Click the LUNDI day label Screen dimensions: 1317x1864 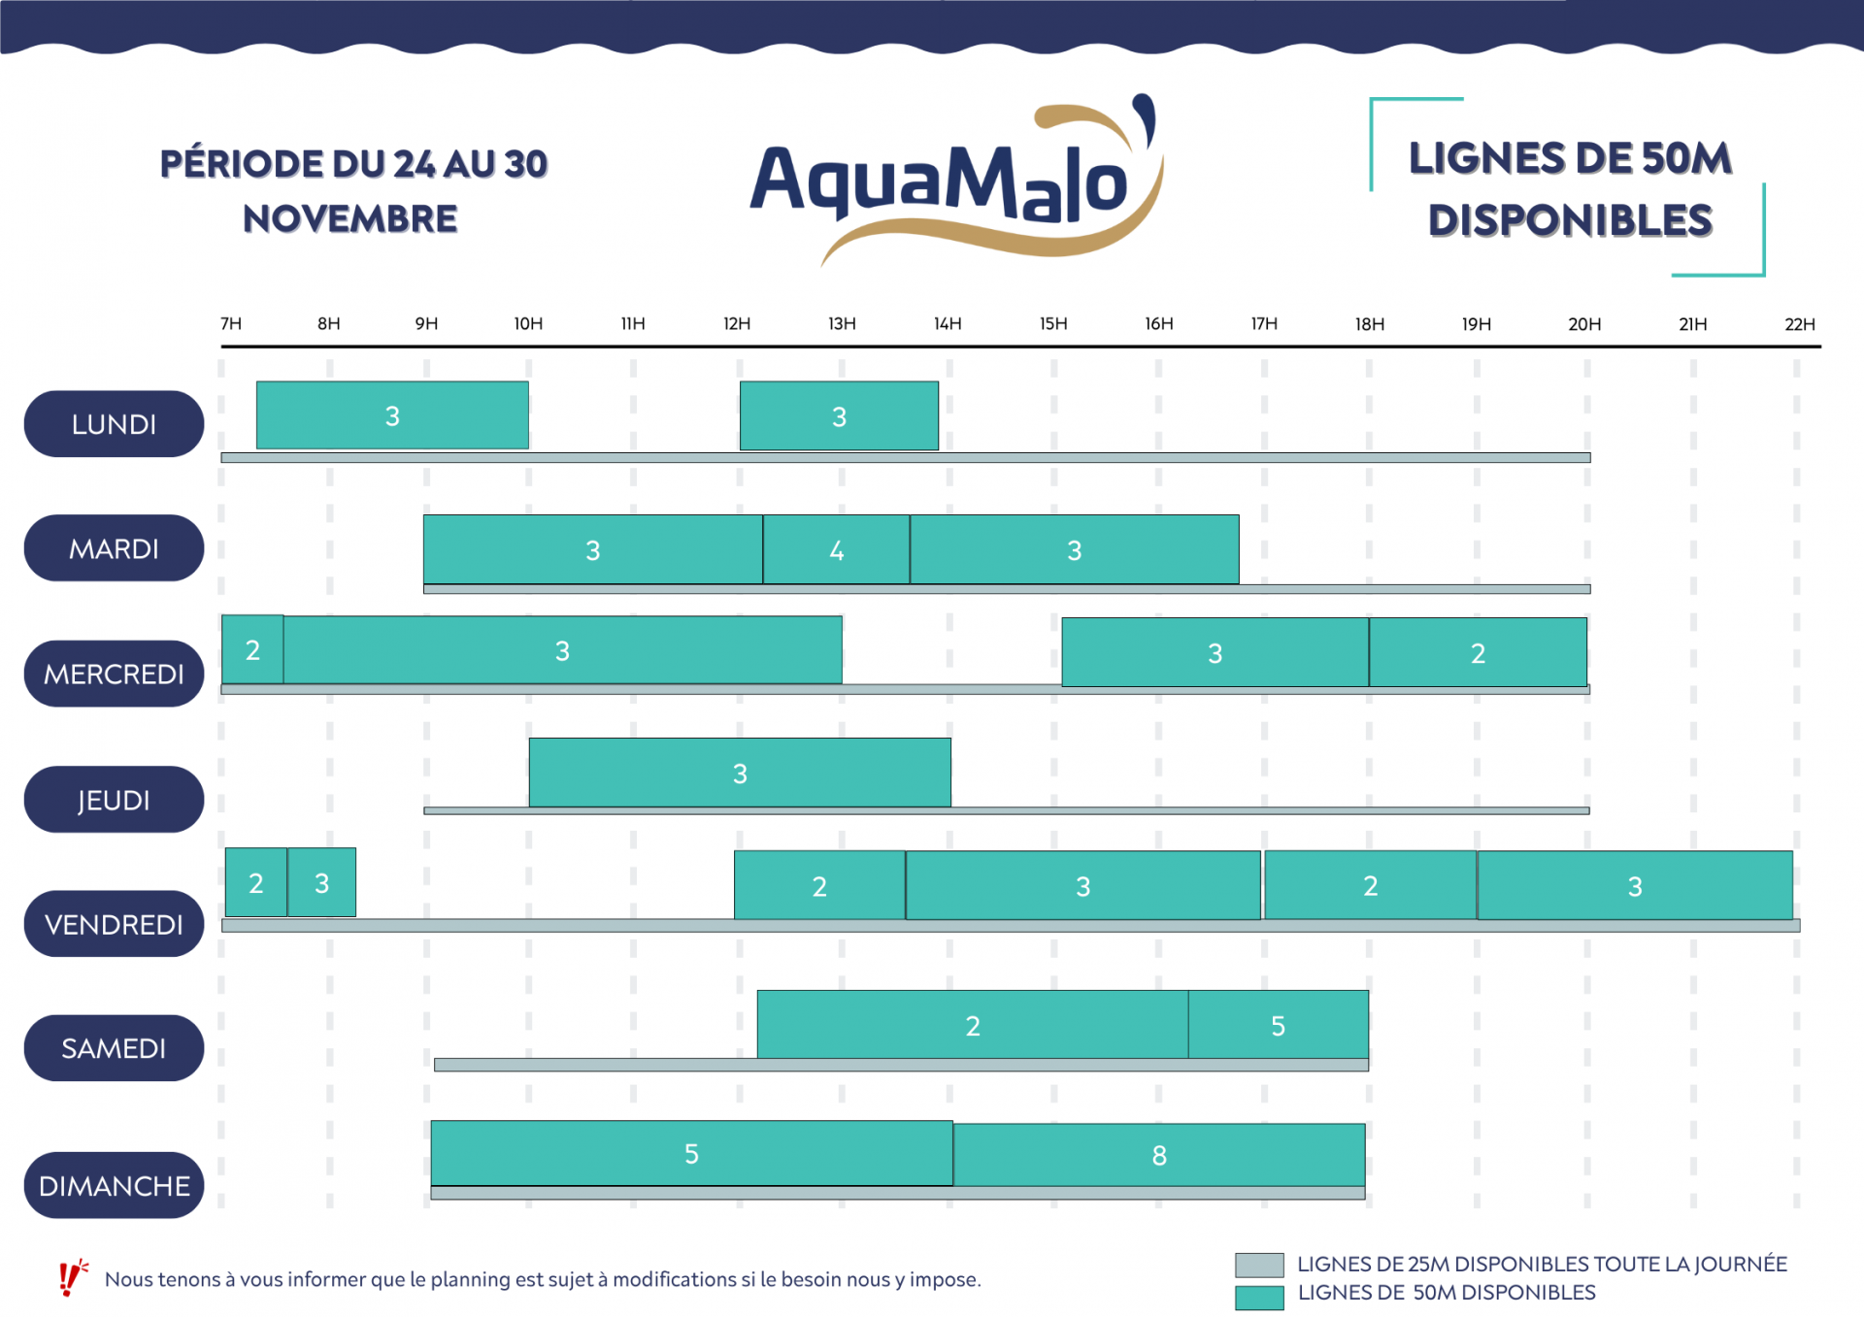[114, 424]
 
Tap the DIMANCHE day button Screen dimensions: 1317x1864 [114, 1185]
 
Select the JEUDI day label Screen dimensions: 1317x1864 [114, 800]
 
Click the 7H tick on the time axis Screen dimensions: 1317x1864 [231, 324]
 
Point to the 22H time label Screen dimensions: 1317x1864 [1799, 324]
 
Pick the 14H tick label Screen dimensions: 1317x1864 [948, 324]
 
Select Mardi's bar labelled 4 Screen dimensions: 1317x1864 [836, 550]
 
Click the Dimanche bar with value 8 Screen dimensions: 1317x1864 [1159, 1155]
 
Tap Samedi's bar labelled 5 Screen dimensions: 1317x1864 [1278, 1025]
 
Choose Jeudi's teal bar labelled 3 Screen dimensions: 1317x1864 [740, 773]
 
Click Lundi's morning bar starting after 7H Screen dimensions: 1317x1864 [392, 415]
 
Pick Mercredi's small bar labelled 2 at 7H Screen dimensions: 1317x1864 [252, 649]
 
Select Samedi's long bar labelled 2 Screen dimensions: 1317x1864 [972, 1025]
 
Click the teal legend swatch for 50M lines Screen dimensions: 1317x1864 [1259, 1297]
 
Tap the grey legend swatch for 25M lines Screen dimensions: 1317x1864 [1259, 1265]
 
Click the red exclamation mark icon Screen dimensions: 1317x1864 [70, 1277]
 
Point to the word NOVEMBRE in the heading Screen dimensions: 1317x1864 [350, 219]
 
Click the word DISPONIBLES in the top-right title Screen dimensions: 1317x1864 [1570, 221]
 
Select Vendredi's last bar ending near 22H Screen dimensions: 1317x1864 [1635, 885]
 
